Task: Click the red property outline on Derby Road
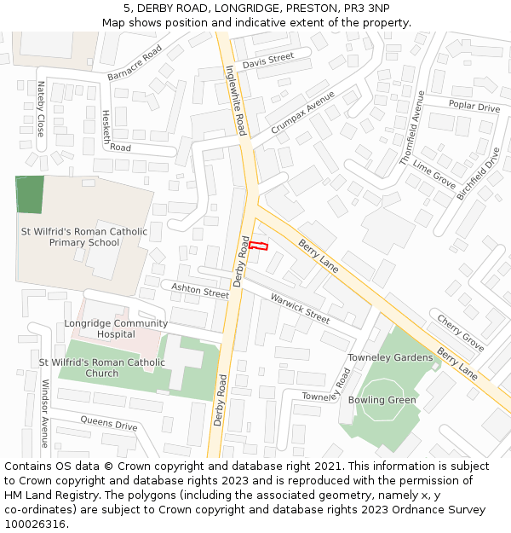[258, 246]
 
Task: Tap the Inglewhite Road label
[236, 101]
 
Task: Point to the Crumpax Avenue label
[303, 111]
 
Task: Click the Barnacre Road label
[135, 64]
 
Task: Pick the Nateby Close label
[40, 109]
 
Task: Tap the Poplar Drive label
[474, 107]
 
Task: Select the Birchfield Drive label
[479, 173]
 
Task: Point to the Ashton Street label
[200, 291]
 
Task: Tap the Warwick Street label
[300, 308]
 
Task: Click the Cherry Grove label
[461, 333]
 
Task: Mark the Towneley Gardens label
[390, 357]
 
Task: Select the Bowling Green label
[382, 400]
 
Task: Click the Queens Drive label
[109, 422]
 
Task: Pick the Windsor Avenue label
[45, 414]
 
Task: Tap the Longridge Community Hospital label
[116, 328]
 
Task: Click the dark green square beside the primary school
[29, 194]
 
